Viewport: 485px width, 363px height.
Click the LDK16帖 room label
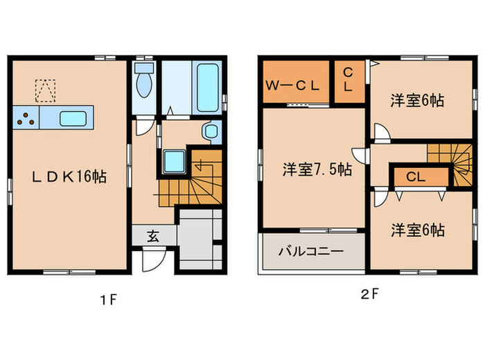69,177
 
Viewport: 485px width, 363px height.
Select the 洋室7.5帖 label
315,169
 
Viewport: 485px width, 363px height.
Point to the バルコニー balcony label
311,251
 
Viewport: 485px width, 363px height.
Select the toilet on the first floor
144,82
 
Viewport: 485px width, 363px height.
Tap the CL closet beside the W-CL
349,82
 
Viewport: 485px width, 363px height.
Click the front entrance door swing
152,261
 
